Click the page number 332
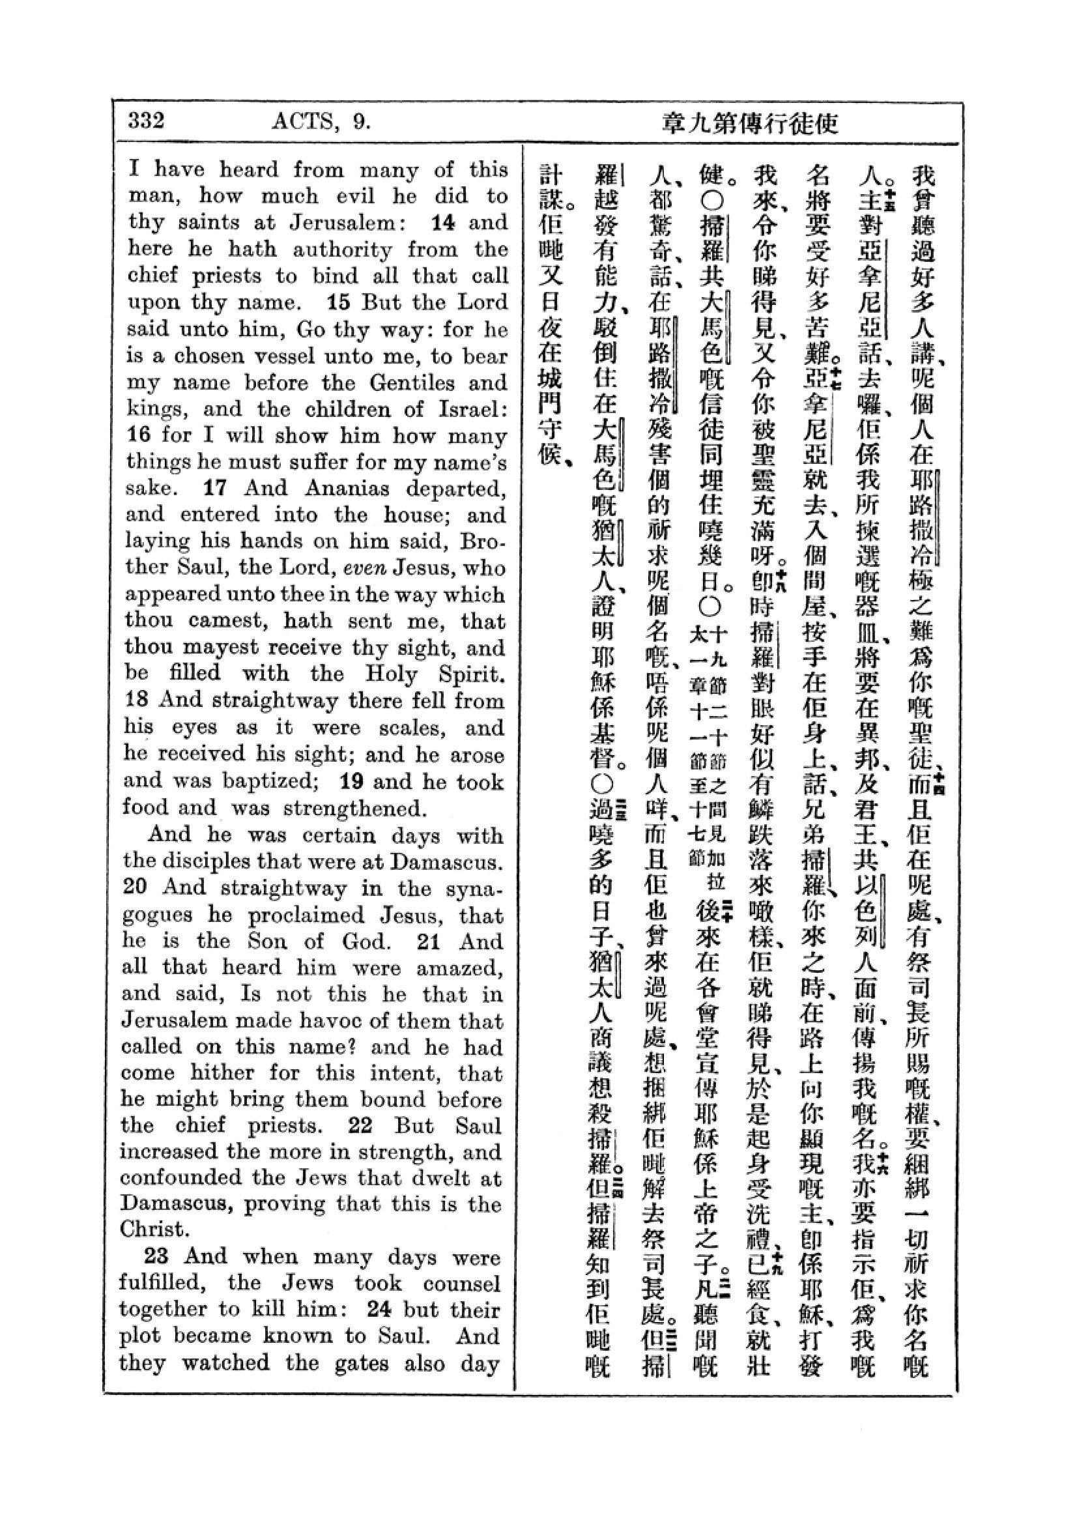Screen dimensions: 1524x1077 pyautogui.click(x=146, y=121)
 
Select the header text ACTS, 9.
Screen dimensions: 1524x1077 pyautogui.click(x=320, y=121)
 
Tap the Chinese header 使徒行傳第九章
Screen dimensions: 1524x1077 pyautogui.click(x=750, y=123)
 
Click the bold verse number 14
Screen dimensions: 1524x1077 pyautogui.click(x=442, y=222)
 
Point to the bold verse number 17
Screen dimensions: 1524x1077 pyautogui.click(x=215, y=488)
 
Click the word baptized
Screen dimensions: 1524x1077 pyautogui.click(x=271, y=781)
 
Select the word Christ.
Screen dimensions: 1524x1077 pyautogui.click(x=151, y=1229)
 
